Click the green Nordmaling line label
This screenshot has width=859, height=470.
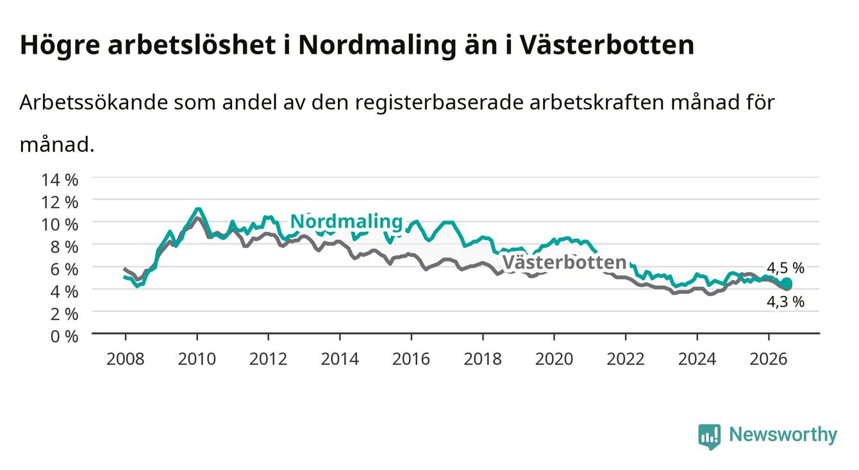(x=346, y=222)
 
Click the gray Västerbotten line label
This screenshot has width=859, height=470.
(x=564, y=263)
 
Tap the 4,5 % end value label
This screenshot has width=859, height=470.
(x=785, y=268)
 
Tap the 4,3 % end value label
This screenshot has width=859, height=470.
(x=785, y=302)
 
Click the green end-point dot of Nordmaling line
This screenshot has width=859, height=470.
(x=787, y=283)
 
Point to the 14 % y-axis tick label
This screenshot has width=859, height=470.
(x=60, y=180)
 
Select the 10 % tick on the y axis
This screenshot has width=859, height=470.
(x=60, y=225)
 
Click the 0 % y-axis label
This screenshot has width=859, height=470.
(x=64, y=337)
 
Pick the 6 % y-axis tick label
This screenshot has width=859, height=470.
(x=64, y=270)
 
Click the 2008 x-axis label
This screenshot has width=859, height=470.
(x=126, y=359)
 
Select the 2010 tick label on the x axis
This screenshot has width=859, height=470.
(x=197, y=359)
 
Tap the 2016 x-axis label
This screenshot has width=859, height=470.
(x=411, y=359)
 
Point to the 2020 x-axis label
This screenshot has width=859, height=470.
(x=554, y=359)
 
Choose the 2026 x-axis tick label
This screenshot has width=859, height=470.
(x=769, y=359)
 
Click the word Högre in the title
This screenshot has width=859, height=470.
(x=60, y=45)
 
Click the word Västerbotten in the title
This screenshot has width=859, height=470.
(x=607, y=45)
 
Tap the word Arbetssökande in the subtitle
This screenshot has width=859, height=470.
(x=94, y=102)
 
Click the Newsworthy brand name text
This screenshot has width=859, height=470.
(x=783, y=435)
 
